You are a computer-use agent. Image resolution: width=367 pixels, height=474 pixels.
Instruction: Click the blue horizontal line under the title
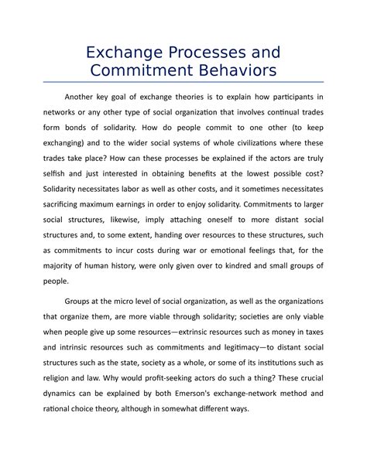[x=183, y=82]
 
